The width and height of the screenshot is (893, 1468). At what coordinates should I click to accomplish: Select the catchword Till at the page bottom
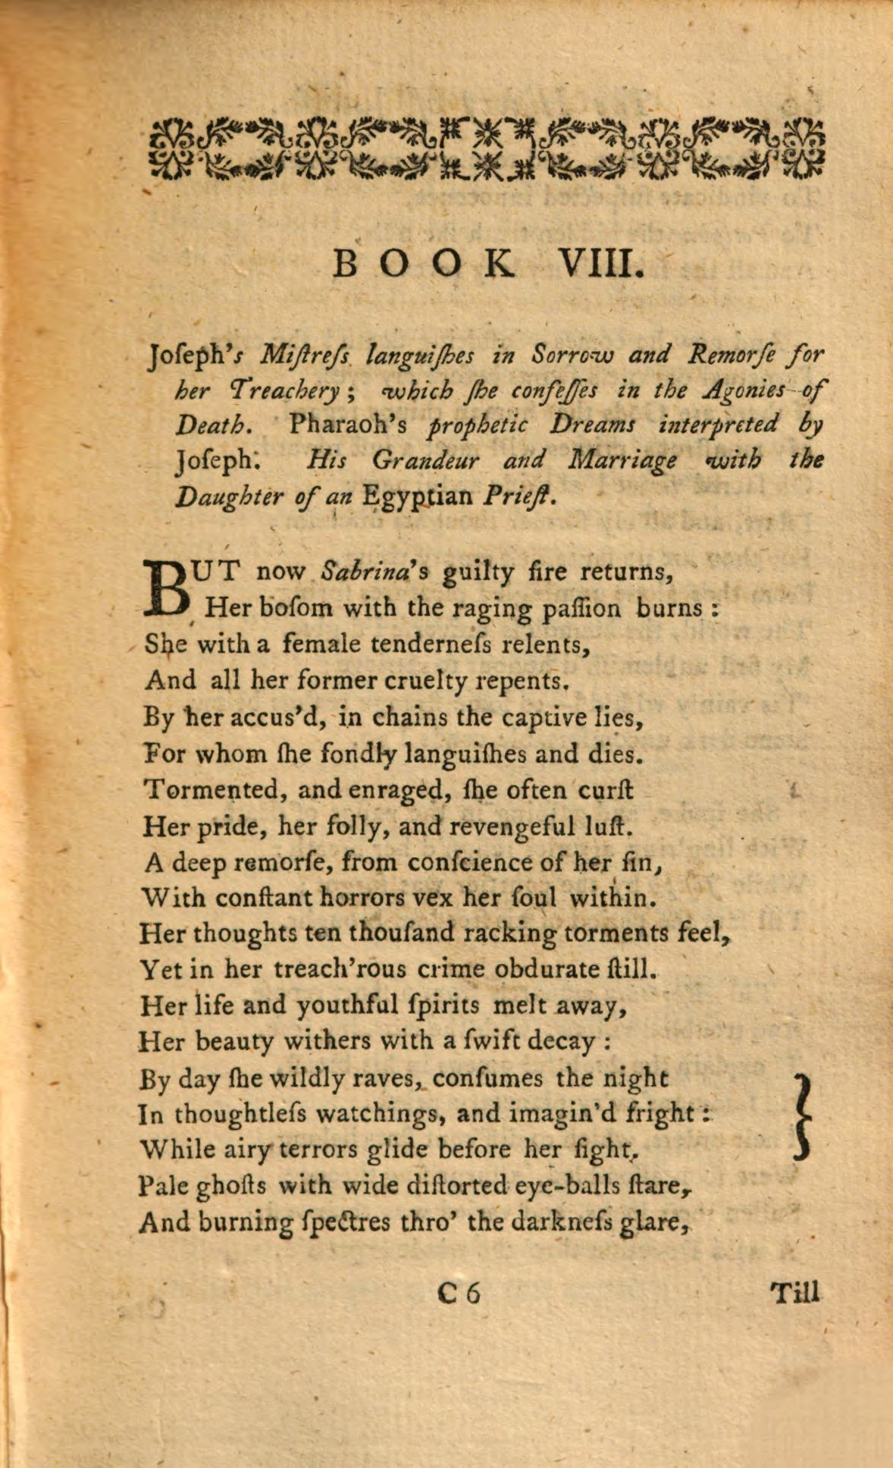[794, 1292]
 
